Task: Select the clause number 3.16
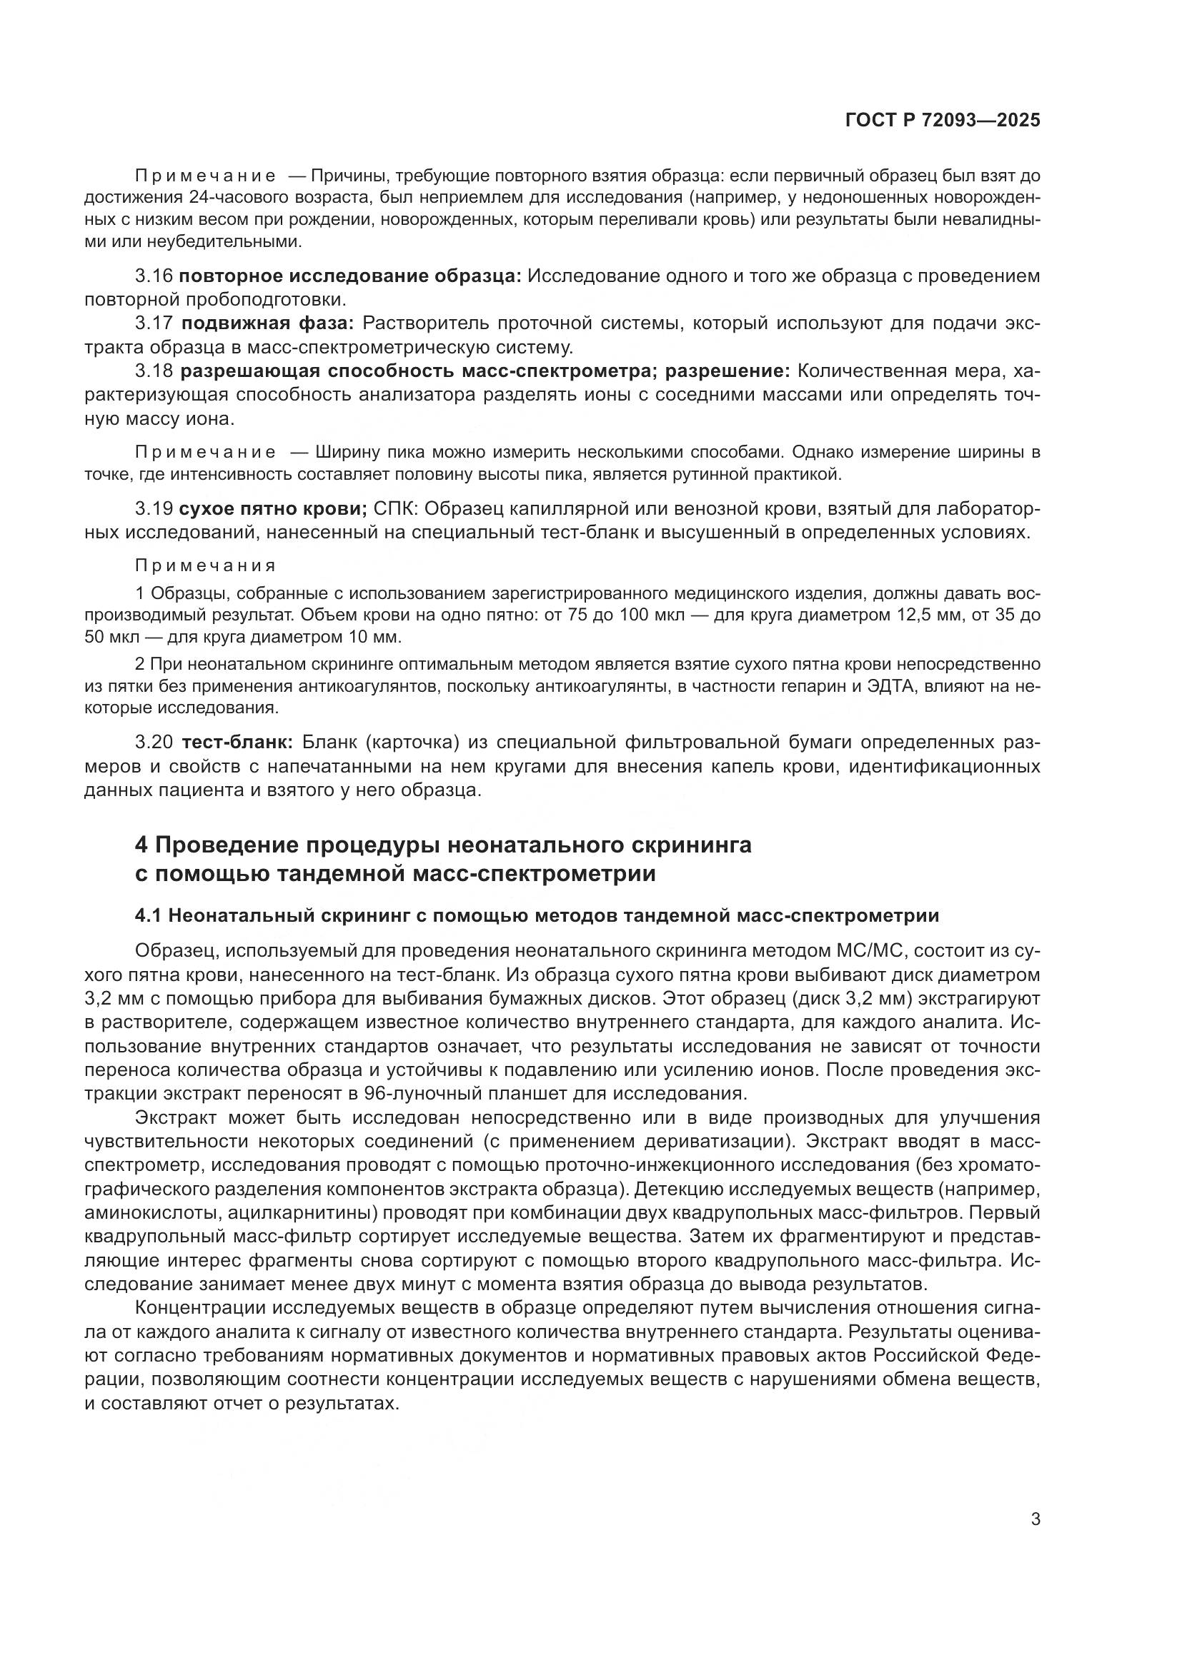coord(154,276)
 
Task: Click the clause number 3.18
coord(154,371)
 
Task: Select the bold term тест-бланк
coord(237,743)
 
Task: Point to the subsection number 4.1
coord(149,916)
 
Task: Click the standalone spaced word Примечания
coord(205,566)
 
